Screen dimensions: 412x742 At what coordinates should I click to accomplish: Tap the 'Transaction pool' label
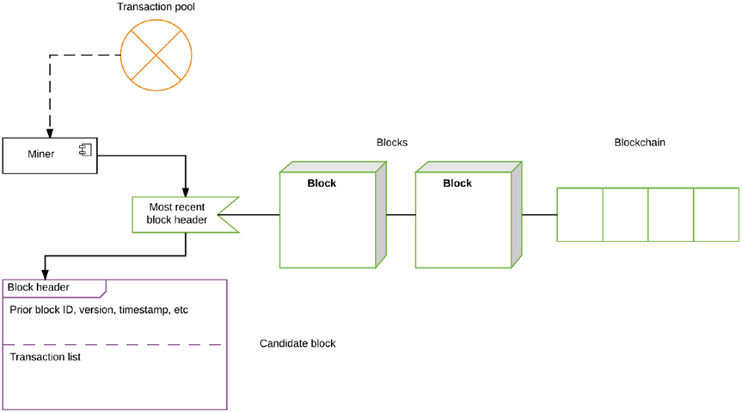(x=155, y=7)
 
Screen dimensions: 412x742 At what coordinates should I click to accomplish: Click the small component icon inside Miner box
(x=86, y=151)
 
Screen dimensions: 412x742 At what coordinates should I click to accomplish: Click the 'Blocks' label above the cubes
(x=392, y=142)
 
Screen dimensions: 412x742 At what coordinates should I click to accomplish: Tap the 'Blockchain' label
(x=640, y=142)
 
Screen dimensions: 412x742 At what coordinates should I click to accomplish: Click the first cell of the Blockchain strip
(x=579, y=214)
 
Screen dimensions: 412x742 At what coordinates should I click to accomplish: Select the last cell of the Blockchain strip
(x=716, y=214)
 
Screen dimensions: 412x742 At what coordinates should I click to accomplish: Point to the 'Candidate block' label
(x=297, y=343)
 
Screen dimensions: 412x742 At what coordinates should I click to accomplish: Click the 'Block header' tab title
(x=39, y=287)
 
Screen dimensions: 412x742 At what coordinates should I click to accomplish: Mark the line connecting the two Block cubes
(x=397, y=214)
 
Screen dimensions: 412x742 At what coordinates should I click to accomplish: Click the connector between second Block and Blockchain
(x=540, y=214)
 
